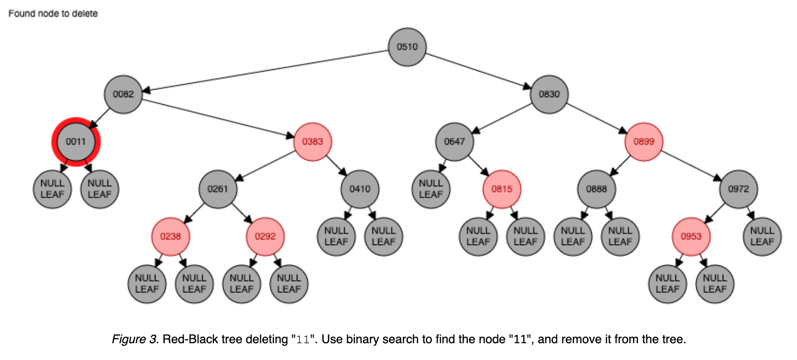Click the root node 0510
[x=407, y=47]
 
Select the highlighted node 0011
[x=76, y=142]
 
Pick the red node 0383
[x=313, y=142]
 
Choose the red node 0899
[x=644, y=142]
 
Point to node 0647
[x=455, y=142]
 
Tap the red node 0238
[x=170, y=237]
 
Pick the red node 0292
[x=265, y=237]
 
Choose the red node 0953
[x=691, y=237]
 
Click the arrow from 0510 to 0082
[x=264, y=71]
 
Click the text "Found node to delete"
[x=53, y=14]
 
